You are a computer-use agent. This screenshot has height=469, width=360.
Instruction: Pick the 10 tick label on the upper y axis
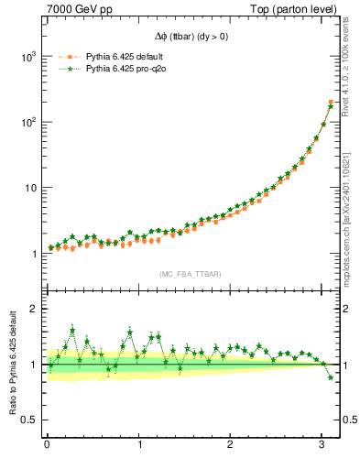(x=29, y=189)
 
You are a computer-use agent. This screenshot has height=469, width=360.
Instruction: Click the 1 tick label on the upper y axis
(x=33, y=255)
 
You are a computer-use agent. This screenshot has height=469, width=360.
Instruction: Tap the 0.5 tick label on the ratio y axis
(x=27, y=420)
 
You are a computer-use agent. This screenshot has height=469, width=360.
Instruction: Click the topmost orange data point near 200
(x=331, y=102)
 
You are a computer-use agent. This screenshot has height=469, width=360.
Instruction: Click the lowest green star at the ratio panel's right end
(x=331, y=377)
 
